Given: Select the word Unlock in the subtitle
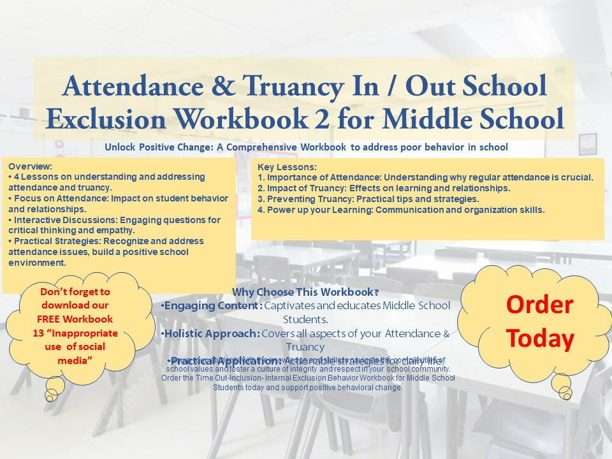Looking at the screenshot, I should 120,147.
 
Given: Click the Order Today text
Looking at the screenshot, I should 539,321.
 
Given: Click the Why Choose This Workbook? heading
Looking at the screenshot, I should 305,293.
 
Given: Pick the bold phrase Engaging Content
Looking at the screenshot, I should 211,305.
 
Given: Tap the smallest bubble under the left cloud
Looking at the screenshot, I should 49,398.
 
